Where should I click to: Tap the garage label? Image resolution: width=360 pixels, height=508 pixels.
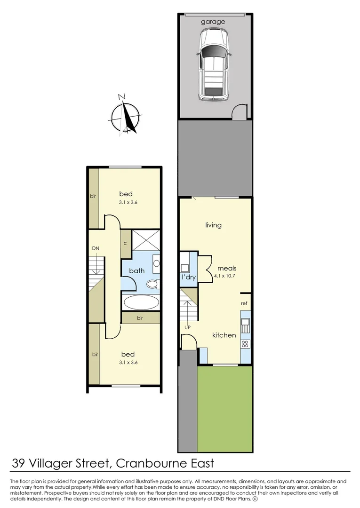213,22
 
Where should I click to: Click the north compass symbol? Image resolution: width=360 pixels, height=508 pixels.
125,115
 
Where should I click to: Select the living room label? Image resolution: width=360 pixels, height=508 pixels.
213,225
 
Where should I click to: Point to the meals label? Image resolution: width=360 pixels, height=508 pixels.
224,268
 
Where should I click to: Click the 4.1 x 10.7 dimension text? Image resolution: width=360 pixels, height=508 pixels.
224,276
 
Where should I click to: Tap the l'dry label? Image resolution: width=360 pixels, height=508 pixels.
188,278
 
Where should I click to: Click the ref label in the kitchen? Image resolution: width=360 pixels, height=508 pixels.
244,303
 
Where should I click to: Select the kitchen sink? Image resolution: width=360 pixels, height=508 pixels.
245,324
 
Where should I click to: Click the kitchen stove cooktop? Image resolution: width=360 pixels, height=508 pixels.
245,343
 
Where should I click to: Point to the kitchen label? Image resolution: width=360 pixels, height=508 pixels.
224,335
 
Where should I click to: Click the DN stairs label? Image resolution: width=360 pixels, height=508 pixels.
96,248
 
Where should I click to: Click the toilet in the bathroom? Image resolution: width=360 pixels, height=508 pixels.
152,284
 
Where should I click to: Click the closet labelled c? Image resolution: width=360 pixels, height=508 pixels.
126,243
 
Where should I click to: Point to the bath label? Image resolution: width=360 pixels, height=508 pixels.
136,270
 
